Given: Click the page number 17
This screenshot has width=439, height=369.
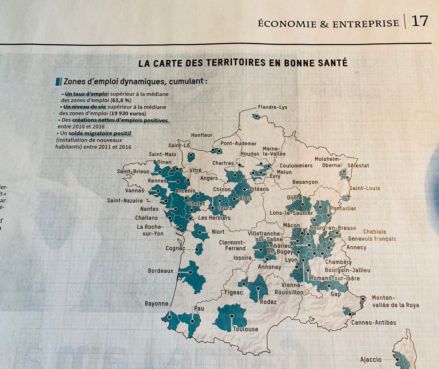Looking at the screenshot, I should point(419,21).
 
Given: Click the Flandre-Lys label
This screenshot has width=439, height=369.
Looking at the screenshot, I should point(273,107).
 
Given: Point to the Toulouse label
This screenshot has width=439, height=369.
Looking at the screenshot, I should point(245,329).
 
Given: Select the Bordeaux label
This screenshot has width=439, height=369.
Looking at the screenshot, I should point(160,271).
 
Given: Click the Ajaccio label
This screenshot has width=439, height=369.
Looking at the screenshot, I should point(371,359).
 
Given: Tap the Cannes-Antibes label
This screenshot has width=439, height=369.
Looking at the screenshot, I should point(374,323).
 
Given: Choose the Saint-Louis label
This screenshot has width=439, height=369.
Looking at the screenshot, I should point(365,188).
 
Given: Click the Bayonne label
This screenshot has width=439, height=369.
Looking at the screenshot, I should point(157,304).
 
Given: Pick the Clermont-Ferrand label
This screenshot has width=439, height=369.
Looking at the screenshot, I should point(232,245).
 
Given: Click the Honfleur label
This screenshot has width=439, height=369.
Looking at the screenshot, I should point(202,135).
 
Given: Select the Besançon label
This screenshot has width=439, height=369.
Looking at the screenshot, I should point(305,182).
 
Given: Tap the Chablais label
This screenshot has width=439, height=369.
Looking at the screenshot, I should point(374,231).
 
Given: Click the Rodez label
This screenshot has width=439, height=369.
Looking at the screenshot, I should point(268,302).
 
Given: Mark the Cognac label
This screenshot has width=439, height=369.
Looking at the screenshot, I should point(175,248).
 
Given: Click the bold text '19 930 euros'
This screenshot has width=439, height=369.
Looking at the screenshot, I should point(130,113).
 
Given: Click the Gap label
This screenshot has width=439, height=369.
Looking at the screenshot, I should point(335,294).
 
